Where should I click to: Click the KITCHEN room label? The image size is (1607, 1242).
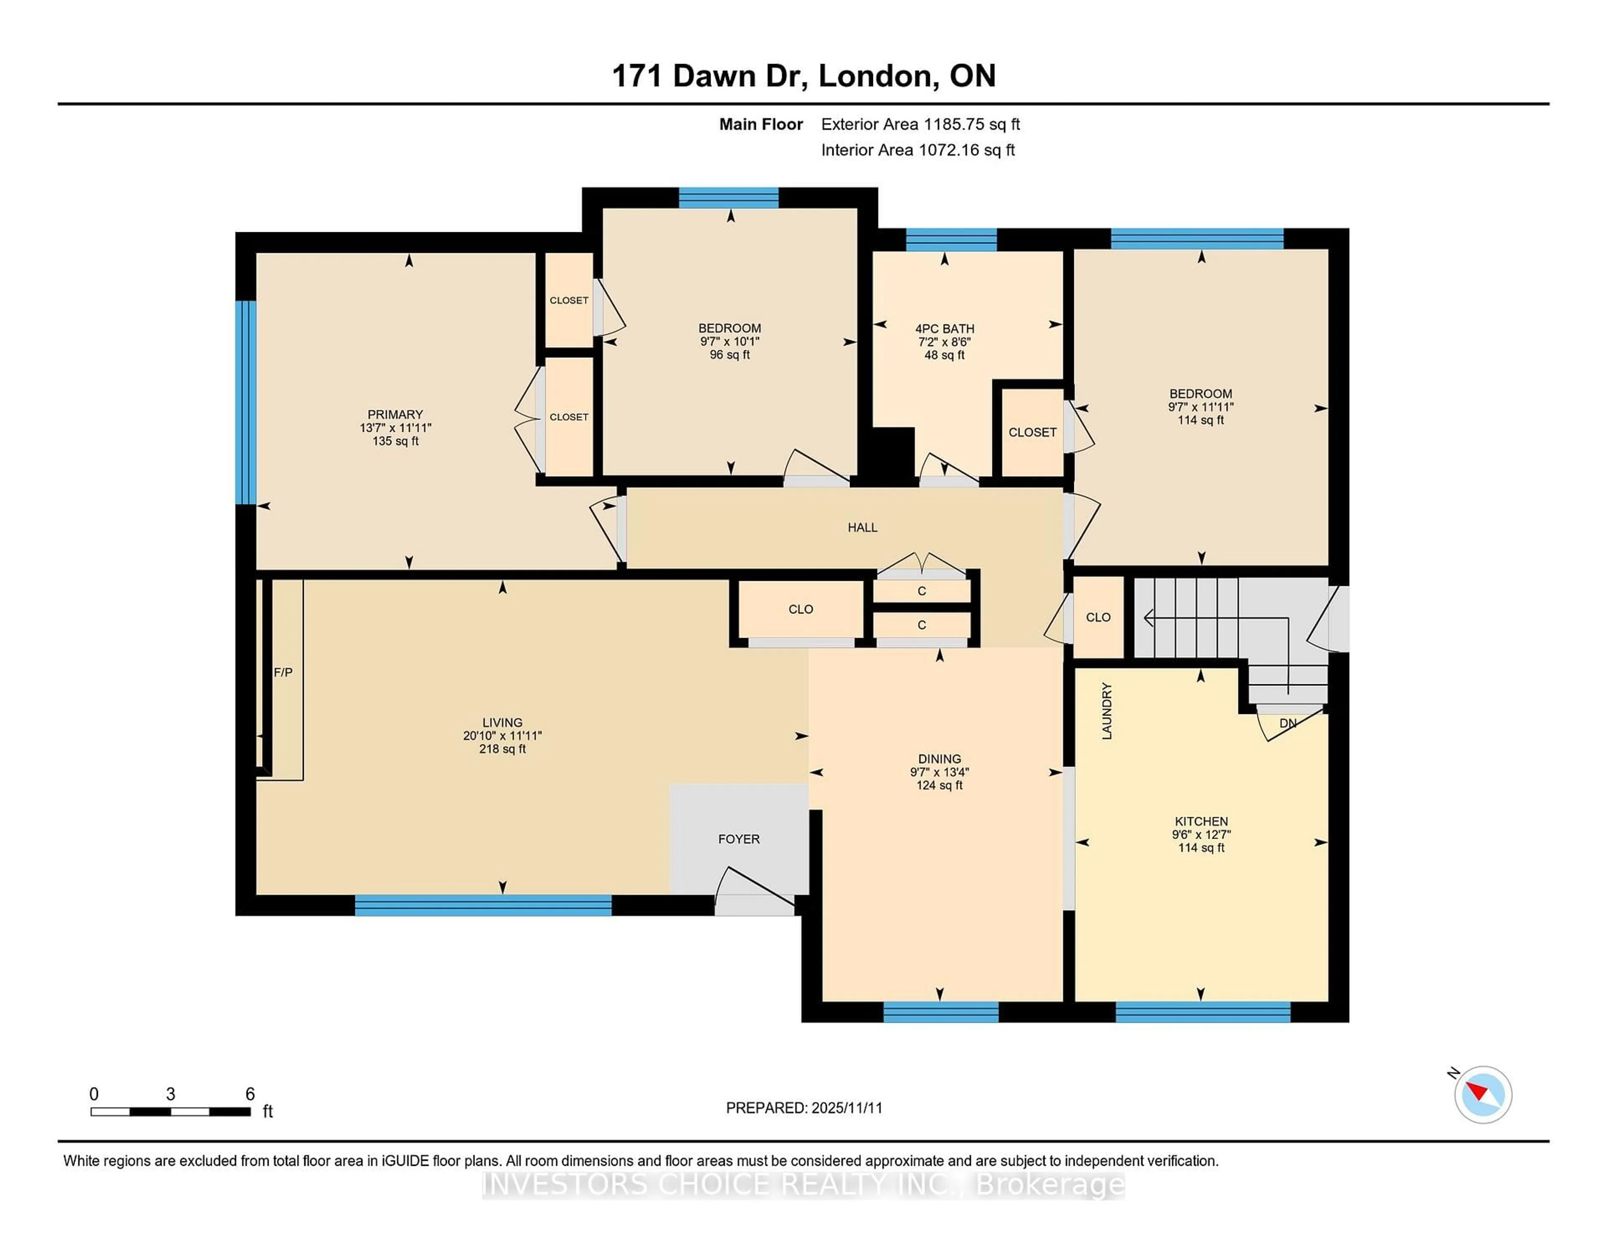pyautogui.click(x=1201, y=821)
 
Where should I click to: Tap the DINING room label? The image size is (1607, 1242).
pyautogui.click(x=939, y=759)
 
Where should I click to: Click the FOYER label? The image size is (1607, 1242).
pyautogui.click(x=739, y=839)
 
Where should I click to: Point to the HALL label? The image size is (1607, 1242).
pyautogui.click(x=863, y=528)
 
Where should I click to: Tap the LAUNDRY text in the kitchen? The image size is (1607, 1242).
pyautogui.click(x=1106, y=711)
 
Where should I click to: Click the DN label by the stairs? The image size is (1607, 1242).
pyautogui.click(x=1288, y=723)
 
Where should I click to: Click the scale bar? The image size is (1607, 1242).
pyautogui.click(x=171, y=1111)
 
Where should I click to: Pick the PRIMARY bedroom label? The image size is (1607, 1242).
pyautogui.click(x=395, y=414)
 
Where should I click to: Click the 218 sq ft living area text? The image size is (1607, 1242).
pyautogui.click(x=503, y=749)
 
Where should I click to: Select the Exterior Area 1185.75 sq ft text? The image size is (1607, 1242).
pyautogui.click(x=921, y=124)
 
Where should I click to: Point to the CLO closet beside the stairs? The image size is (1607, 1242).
pyautogui.click(x=1098, y=617)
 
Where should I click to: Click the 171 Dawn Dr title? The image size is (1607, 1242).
pyautogui.click(x=803, y=76)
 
